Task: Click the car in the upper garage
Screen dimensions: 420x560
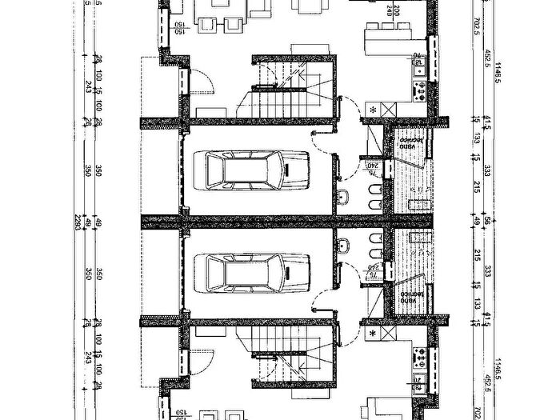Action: [x=257, y=170]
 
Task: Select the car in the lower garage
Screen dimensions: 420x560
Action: [x=257, y=273]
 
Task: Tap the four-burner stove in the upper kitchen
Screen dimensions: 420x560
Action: [x=419, y=90]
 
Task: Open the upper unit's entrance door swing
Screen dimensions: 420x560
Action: [x=200, y=81]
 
